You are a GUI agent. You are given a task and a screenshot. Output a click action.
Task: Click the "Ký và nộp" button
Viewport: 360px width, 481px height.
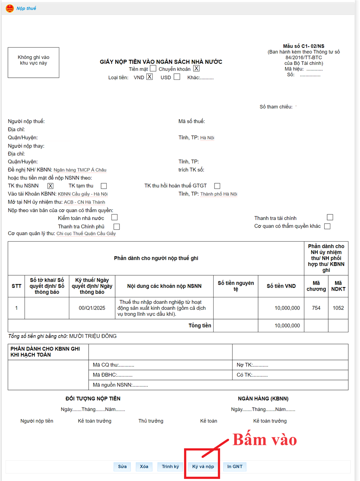click(203, 467)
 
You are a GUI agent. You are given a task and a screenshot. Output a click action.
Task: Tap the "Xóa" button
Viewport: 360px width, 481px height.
click(144, 467)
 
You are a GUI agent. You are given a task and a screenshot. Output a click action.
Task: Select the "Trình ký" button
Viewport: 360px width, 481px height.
click(170, 467)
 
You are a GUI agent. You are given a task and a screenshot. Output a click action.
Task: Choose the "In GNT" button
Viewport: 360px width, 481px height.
click(235, 467)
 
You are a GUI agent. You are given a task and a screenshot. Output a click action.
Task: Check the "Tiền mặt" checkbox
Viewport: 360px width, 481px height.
click(153, 69)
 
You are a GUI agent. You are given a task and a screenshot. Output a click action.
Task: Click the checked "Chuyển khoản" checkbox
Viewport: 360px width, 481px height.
click(196, 69)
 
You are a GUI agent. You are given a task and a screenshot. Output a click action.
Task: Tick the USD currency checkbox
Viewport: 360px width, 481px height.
click(177, 77)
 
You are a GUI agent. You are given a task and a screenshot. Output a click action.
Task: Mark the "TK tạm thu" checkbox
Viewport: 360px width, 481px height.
click(104, 186)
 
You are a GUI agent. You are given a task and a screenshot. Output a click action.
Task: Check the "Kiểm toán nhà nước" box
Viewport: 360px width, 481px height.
click(115, 218)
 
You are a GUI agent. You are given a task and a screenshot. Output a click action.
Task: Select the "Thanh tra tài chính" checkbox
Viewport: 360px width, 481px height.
click(330, 217)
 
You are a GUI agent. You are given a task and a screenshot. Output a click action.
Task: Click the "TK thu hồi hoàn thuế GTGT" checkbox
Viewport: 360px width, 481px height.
click(217, 186)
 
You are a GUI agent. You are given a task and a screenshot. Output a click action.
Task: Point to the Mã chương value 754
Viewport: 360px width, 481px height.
click(316, 308)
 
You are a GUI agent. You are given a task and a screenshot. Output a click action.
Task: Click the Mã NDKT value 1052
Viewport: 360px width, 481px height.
click(338, 308)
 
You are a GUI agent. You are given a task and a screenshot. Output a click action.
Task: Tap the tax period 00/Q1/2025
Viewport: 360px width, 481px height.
click(92, 308)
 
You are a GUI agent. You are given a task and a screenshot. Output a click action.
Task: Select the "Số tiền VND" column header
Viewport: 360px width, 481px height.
click(281, 286)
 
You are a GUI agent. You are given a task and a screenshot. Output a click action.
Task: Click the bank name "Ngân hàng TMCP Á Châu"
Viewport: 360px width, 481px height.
click(83, 170)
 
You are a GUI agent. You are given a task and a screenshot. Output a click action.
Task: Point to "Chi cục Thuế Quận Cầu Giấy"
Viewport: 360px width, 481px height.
click(86, 234)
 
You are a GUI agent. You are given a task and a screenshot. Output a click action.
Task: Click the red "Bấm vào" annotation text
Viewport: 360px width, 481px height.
click(265, 440)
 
